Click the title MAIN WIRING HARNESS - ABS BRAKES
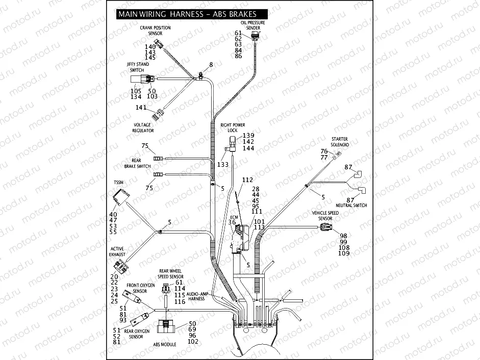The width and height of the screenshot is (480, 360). pyautogui.click(x=187, y=14)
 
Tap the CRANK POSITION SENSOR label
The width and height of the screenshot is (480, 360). pyautogui.click(x=155, y=31)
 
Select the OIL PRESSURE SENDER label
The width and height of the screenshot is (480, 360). pyautogui.click(x=253, y=25)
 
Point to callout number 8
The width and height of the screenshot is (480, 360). pyautogui.click(x=210, y=65)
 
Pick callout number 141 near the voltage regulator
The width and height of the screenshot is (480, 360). pyautogui.click(x=141, y=108)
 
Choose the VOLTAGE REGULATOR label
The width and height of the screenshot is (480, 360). pyautogui.click(x=143, y=127)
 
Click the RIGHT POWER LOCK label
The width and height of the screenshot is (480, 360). pyautogui.click(x=232, y=127)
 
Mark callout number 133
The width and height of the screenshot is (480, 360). pyautogui.click(x=223, y=165)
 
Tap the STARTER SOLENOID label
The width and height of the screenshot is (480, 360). pyautogui.click(x=340, y=142)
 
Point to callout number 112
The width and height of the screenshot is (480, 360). pyautogui.click(x=247, y=180)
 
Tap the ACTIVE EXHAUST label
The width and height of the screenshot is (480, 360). pyautogui.click(x=117, y=252)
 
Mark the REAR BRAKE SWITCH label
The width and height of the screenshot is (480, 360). pyautogui.click(x=137, y=163)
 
